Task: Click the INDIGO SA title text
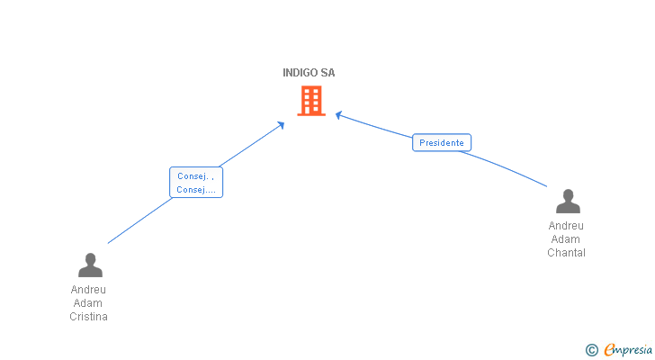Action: [x=309, y=73]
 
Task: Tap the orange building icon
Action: [x=310, y=101]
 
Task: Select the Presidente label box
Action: [x=442, y=142]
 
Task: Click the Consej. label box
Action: [x=195, y=183]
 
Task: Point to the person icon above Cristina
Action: [x=90, y=265]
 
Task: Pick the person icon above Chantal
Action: [x=568, y=201]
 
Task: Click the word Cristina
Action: [x=89, y=317]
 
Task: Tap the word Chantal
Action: [x=566, y=253]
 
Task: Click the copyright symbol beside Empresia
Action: [x=591, y=350]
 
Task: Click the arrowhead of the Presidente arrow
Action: [x=338, y=114]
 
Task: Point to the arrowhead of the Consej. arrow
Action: [x=282, y=123]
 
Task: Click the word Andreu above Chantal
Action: [x=566, y=226]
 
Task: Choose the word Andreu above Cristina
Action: [x=89, y=290]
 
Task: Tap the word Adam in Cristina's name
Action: [x=89, y=303]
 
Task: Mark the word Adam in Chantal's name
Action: [x=566, y=239]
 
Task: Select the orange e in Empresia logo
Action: [x=610, y=350]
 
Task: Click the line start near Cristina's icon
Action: [x=109, y=243]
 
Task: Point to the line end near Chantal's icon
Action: [x=546, y=186]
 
